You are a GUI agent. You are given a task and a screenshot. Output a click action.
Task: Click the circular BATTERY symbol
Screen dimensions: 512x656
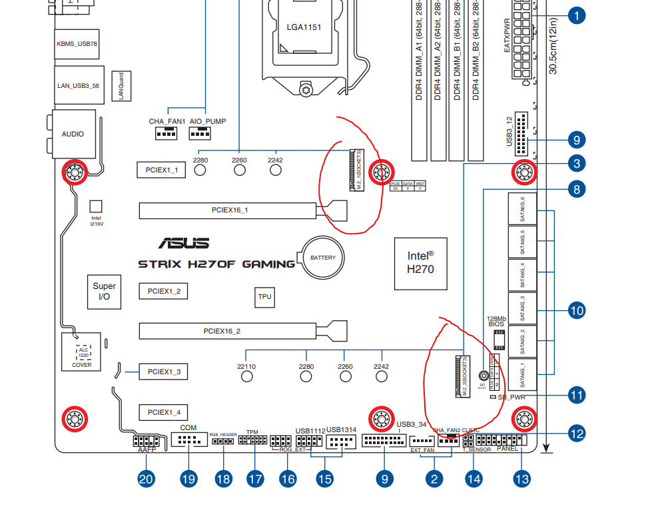click(x=324, y=258)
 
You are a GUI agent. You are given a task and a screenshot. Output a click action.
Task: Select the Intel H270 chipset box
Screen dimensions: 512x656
click(x=420, y=262)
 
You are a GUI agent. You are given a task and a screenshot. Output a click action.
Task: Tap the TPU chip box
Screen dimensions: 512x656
click(x=264, y=298)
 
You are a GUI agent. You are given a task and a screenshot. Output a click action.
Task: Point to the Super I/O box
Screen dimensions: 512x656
click(x=104, y=292)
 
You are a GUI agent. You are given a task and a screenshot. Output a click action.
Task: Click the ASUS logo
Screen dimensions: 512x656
click(x=183, y=244)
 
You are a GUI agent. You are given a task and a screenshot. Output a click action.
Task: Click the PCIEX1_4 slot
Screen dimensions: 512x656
click(x=164, y=412)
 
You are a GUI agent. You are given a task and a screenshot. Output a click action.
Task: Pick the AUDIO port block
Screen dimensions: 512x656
click(x=73, y=134)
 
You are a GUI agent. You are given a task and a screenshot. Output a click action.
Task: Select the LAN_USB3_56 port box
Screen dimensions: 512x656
click(x=78, y=86)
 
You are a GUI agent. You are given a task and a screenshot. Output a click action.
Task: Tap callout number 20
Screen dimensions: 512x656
click(x=146, y=478)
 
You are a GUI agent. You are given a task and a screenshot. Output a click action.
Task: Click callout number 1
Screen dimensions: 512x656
click(x=576, y=15)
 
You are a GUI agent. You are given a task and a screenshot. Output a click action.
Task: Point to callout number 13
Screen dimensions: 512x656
click(x=522, y=478)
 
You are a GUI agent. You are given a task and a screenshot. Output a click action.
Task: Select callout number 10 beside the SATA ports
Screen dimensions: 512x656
click(x=576, y=310)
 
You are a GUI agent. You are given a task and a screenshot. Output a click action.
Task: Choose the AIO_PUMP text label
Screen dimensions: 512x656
click(x=207, y=122)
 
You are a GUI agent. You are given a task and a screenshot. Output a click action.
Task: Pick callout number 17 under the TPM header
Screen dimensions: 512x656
click(x=255, y=478)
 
